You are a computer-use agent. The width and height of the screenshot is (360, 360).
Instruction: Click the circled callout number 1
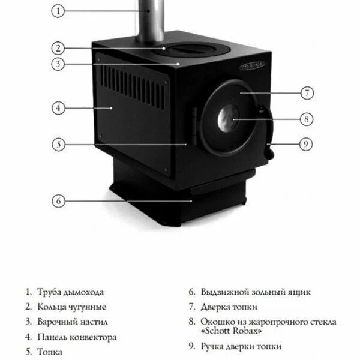coord(58,11)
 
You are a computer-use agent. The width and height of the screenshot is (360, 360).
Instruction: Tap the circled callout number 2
coord(58,49)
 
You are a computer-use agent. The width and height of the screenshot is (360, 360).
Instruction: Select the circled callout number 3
coord(58,64)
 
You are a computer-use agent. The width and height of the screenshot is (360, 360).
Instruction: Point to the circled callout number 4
coord(58,108)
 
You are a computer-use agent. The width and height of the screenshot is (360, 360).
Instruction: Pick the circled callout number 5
coord(59,145)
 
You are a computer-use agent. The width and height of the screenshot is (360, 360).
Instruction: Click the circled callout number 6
coord(59,201)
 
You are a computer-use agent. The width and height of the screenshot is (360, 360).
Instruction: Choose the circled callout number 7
coord(307,93)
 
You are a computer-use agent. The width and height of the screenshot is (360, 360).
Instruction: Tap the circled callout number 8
coord(307,119)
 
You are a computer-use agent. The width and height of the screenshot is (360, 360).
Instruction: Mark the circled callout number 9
coord(306,144)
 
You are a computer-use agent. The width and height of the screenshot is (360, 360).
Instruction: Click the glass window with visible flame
coord(228,119)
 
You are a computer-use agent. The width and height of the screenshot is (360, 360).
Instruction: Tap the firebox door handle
coord(267,132)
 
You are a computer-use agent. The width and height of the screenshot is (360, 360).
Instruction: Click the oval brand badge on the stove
coord(252,66)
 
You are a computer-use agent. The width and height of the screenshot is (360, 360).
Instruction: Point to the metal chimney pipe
coord(151,22)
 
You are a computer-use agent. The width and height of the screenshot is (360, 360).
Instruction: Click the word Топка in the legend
coord(50,352)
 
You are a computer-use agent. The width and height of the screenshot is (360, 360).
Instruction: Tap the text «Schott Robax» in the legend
coord(231,331)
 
